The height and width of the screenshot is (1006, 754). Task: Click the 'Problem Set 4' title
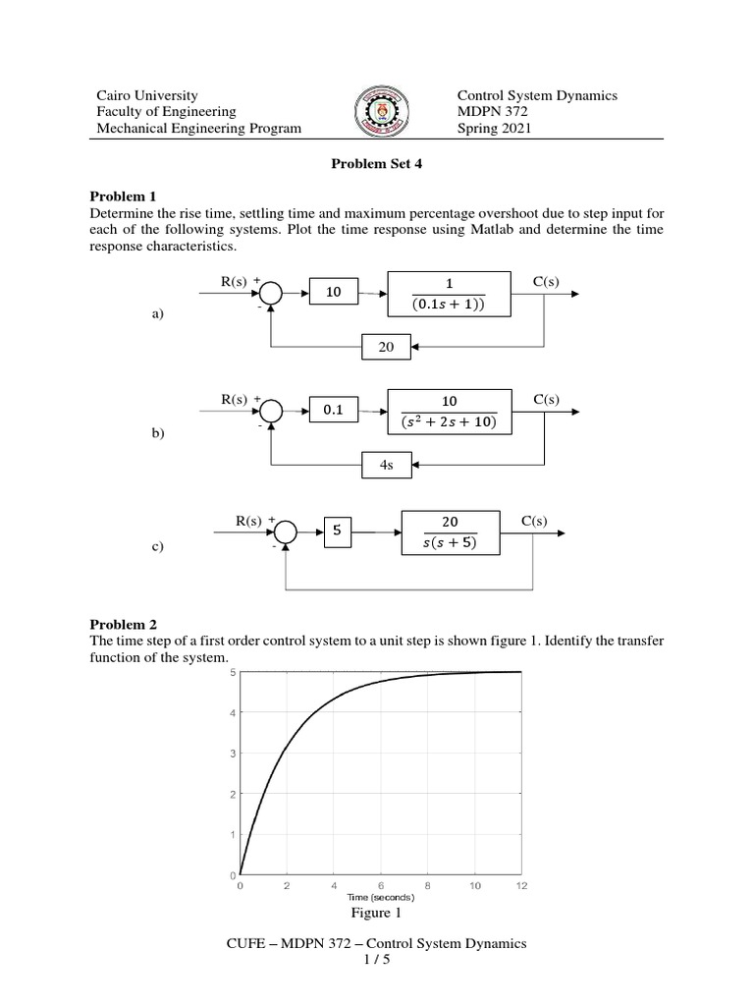377,165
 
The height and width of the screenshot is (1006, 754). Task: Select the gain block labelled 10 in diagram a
334,293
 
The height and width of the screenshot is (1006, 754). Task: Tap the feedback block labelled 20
387,347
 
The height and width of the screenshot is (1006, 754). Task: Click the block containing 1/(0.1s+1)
450,293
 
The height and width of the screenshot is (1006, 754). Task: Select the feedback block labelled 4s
387,465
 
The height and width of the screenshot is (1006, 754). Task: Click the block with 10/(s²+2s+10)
450,411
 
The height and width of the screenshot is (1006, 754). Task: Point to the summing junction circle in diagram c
285,531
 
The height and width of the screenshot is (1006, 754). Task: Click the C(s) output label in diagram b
546,400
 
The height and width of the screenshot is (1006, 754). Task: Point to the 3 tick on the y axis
232,754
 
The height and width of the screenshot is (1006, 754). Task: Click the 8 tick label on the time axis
427,885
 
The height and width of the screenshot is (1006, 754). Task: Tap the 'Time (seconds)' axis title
381,897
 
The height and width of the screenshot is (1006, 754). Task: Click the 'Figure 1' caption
377,914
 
